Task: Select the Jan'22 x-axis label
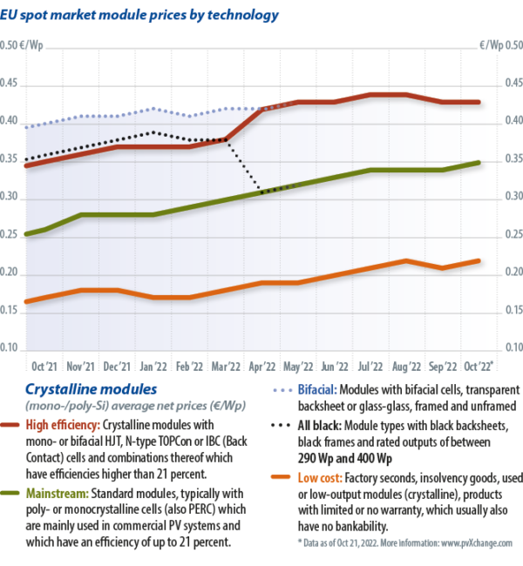click(153, 367)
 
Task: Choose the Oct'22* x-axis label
click(479, 367)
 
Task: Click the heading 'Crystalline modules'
click(92, 389)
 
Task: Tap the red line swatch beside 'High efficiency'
click(12, 426)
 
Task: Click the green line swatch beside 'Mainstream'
click(12, 492)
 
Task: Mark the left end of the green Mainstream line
click(26, 234)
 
